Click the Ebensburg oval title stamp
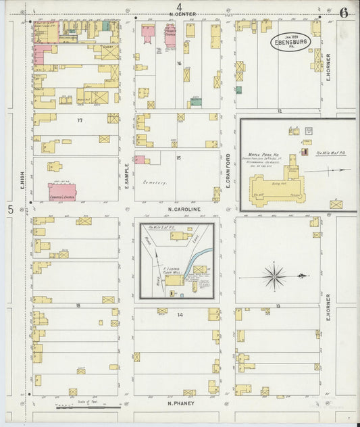(290, 42)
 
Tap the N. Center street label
(182, 14)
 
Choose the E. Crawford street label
(228, 170)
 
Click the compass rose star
(274, 275)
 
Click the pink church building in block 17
(61, 191)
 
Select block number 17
(79, 120)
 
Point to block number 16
(179, 63)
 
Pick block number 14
(180, 316)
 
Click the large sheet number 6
(344, 12)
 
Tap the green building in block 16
(195, 102)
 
